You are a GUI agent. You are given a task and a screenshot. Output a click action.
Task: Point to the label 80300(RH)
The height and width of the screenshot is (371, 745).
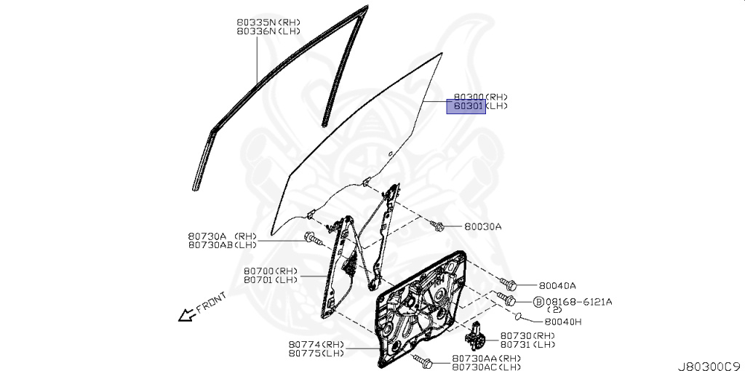(480, 97)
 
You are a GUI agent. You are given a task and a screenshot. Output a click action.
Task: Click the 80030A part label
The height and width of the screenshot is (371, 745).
(483, 226)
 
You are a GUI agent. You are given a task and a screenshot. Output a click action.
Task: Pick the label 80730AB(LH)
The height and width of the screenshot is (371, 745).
(222, 245)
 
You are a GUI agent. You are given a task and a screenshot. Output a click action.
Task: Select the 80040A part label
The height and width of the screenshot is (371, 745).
(557, 286)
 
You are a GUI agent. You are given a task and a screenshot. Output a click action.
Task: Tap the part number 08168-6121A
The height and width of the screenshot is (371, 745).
(579, 301)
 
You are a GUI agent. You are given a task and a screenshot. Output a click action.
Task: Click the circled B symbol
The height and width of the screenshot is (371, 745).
(538, 301)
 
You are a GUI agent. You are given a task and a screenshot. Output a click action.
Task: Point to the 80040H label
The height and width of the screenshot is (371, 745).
(562, 321)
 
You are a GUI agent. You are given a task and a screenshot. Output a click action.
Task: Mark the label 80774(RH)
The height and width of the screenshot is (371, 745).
(316, 344)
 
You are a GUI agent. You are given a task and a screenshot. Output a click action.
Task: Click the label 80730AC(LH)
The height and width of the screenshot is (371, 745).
(486, 367)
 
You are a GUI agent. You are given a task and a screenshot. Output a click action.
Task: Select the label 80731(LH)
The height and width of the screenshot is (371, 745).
(527, 344)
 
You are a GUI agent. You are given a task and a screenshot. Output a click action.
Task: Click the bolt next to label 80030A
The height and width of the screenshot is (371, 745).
(438, 226)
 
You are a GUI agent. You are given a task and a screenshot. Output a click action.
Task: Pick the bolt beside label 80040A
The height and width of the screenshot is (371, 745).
(509, 284)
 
